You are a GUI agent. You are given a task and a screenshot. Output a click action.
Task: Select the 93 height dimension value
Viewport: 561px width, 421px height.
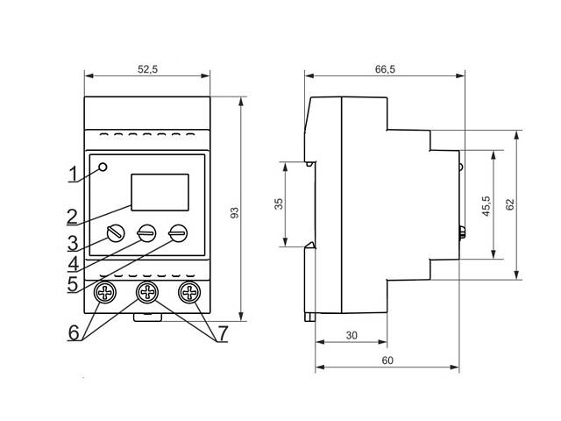click(x=233, y=213)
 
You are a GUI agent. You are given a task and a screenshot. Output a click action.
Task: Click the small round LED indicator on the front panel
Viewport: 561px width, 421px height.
click(x=104, y=168)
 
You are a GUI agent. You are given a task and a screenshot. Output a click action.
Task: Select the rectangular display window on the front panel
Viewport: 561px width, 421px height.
click(x=160, y=192)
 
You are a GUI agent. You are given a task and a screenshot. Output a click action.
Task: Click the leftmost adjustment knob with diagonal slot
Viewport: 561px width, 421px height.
click(x=114, y=233)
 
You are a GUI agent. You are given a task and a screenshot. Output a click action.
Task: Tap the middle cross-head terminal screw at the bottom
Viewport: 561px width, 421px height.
click(x=146, y=292)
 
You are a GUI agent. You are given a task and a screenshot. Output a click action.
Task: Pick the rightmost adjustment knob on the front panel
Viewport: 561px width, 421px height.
click(x=179, y=233)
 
